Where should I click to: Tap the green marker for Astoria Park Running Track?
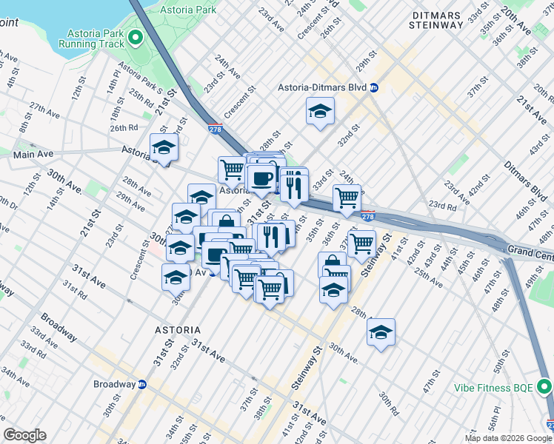pos(136,38)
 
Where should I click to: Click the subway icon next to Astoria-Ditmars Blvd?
pos(375,87)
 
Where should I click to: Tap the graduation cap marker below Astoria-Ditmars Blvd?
pos(320,112)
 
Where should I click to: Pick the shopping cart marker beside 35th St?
pos(346,198)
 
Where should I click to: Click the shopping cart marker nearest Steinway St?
pos(361,243)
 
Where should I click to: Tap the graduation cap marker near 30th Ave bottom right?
pos(381,332)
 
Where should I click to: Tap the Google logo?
pos(24,435)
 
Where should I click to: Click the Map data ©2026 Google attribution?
pos(508,438)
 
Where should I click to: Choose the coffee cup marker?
pos(261,178)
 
